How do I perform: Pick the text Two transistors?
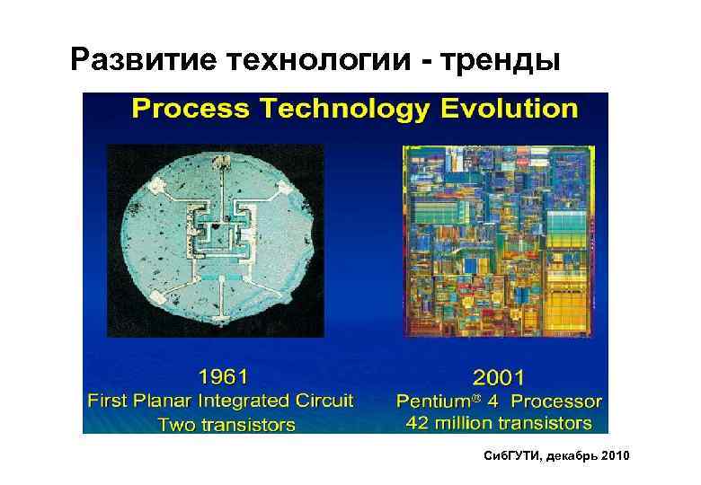click(x=226, y=424)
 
